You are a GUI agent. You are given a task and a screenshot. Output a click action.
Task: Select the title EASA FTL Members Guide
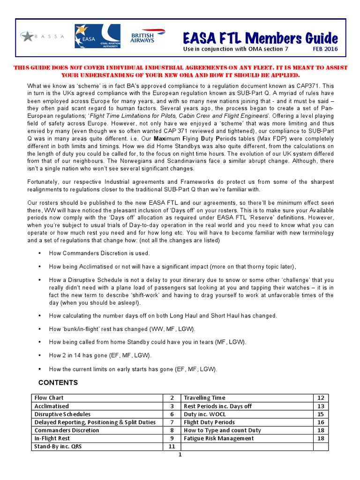(x=259, y=37)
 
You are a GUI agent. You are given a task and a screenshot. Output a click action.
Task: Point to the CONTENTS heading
(x=58, y=382)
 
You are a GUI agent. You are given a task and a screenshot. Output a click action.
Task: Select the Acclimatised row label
(x=52, y=406)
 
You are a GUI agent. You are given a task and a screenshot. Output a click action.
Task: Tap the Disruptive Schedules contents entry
(x=62, y=414)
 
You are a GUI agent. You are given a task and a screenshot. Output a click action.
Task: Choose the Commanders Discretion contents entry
(x=67, y=430)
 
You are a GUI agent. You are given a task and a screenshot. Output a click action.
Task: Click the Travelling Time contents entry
(x=204, y=397)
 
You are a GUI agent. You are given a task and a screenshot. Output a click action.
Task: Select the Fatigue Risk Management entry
(x=219, y=438)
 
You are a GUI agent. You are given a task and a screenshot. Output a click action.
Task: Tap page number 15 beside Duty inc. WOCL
(x=321, y=414)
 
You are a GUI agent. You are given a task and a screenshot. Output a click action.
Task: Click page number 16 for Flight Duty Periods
(x=321, y=422)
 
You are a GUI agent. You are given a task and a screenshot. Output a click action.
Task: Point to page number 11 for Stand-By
(x=172, y=447)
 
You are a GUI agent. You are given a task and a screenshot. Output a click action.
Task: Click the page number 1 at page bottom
(x=180, y=455)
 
